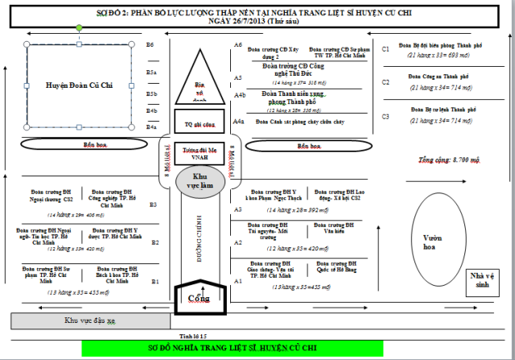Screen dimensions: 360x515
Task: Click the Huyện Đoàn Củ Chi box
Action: tap(79, 84)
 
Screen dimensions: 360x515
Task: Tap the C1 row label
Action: tap(385, 49)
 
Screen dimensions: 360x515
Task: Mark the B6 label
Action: tap(150, 45)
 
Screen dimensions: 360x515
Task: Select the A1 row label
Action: tap(237, 280)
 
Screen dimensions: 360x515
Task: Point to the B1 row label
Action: tap(154, 281)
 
